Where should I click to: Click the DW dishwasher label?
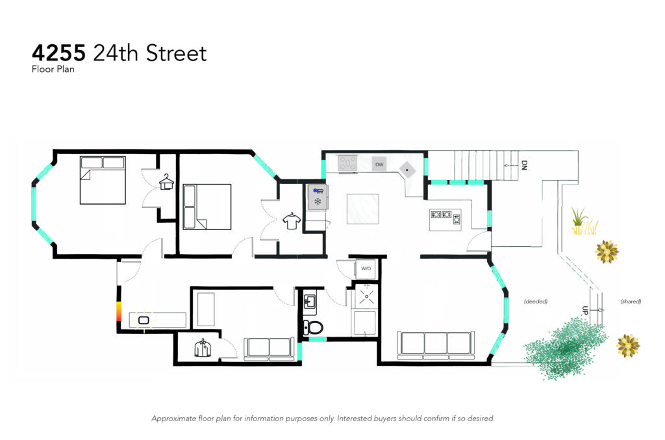[x=379, y=164]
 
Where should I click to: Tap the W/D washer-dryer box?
[x=366, y=268]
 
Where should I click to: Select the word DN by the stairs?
[x=524, y=165]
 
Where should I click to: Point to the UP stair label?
[x=585, y=311]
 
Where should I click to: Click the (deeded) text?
[x=536, y=302]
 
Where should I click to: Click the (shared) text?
[x=631, y=302]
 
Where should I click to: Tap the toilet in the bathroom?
[x=313, y=328]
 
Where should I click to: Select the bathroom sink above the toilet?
[x=310, y=302]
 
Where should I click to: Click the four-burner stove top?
[x=347, y=163]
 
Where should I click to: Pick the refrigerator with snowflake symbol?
[x=318, y=198]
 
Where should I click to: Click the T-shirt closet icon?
[x=292, y=221]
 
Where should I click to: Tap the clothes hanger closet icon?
[x=167, y=182]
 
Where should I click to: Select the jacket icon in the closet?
[x=203, y=348]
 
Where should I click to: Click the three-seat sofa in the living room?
[x=436, y=345]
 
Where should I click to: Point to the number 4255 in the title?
[x=59, y=53]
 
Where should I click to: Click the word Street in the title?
[x=176, y=53]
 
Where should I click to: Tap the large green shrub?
[x=566, y=348]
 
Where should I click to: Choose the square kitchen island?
[x=363, y=209]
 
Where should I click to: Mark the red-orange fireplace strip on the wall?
[x=119, y=312]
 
